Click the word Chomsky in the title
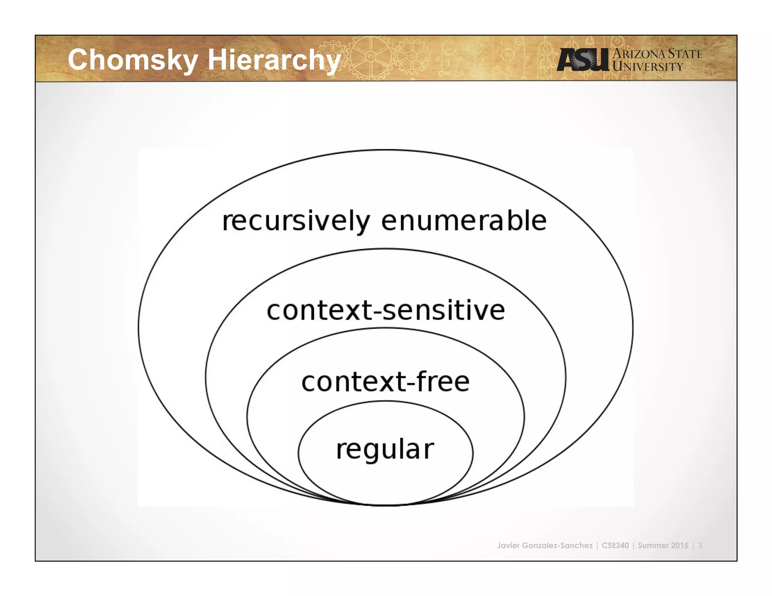(133, 60)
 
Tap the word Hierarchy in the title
(274, 60)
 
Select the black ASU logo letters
(583, 60)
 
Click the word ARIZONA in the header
(639, 54)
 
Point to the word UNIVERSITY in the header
(648, 67)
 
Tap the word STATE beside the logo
(685, 54)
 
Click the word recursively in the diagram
(296, 222)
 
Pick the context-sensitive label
(386, 310)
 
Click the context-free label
(386, 382)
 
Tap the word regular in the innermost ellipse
(385, 449)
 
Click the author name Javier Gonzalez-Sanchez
(545, 546)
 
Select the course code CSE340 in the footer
(615, 546)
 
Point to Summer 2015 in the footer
(663, 546)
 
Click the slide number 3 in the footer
(700, 546)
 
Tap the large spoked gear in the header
(371, 57)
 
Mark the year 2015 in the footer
(680, 546)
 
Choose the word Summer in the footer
(653, 546)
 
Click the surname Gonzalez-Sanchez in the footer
(557, 546)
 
